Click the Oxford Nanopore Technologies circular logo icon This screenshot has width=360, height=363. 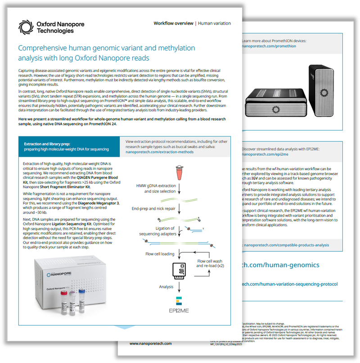click(x=26, y=27)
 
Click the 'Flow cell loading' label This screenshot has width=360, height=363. click(x=160, y=254)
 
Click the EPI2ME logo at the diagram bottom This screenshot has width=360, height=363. click(x=179, y=305)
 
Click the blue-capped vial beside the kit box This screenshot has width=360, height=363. click(x=81, y=299)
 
